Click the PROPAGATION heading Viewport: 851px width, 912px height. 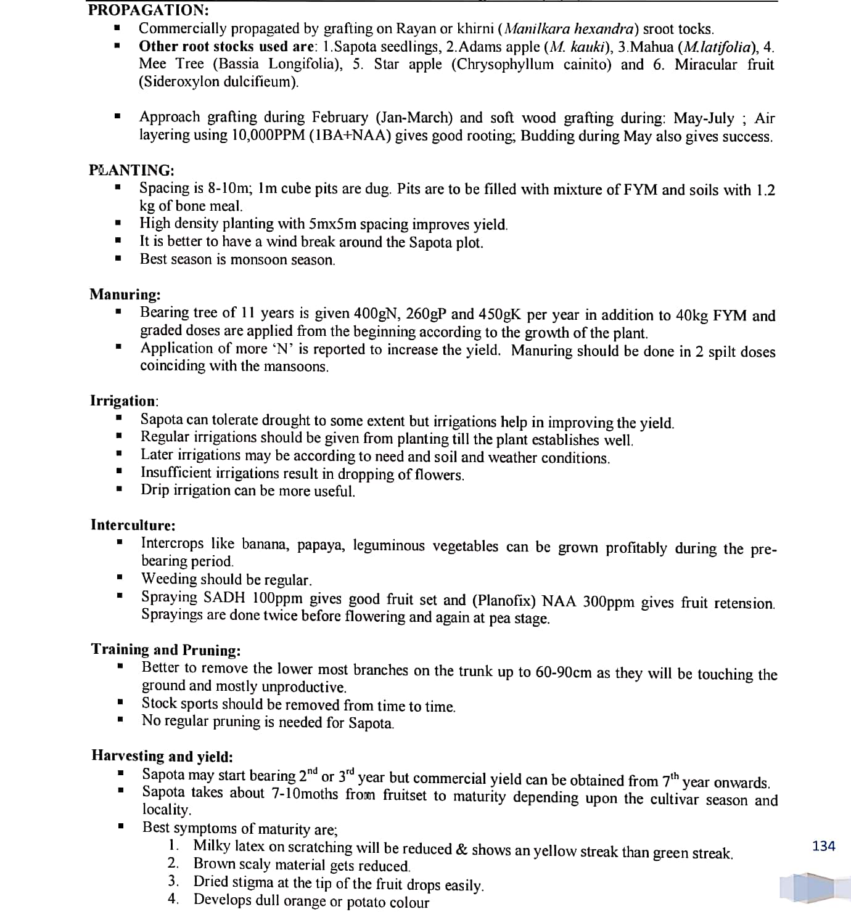point(148,10)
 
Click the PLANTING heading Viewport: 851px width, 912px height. point(131,170)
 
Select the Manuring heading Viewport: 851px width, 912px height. point(125,294)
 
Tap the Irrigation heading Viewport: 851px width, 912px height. point(124,401)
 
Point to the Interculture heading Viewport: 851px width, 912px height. point(133,525)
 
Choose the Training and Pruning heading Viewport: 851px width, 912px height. point(165,649)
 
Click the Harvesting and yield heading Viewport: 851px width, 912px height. point(162,756)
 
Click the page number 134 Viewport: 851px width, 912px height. point(823,846)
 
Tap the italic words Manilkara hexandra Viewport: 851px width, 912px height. point(571,29)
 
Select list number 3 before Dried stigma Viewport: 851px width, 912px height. point(174,881)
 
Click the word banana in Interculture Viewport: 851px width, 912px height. point(264,544)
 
